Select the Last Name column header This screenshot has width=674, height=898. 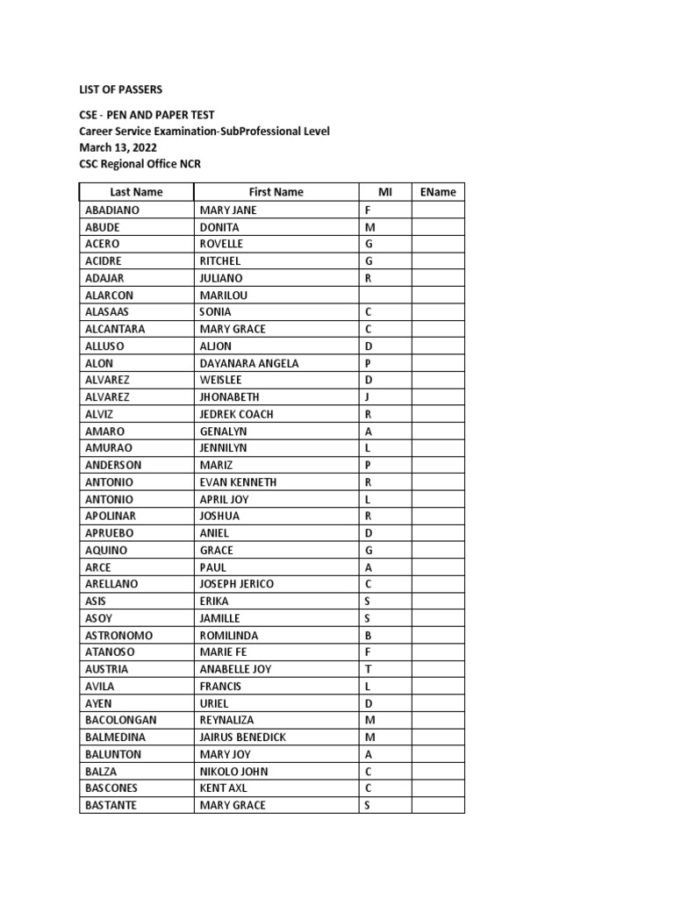[136, 192]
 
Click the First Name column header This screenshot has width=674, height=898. [276, 192]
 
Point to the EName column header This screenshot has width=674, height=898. [438, 192]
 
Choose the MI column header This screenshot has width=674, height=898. [384, 192]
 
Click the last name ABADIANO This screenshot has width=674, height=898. [112, 210]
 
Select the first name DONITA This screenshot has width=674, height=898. [220, 227]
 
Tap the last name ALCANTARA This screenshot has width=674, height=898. [115, 329]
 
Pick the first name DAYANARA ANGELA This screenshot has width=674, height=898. [249, 363]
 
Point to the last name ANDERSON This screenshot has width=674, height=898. [113, 465]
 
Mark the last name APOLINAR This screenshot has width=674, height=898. [111, 516]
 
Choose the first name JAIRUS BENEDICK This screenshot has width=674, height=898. [243, 738]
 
